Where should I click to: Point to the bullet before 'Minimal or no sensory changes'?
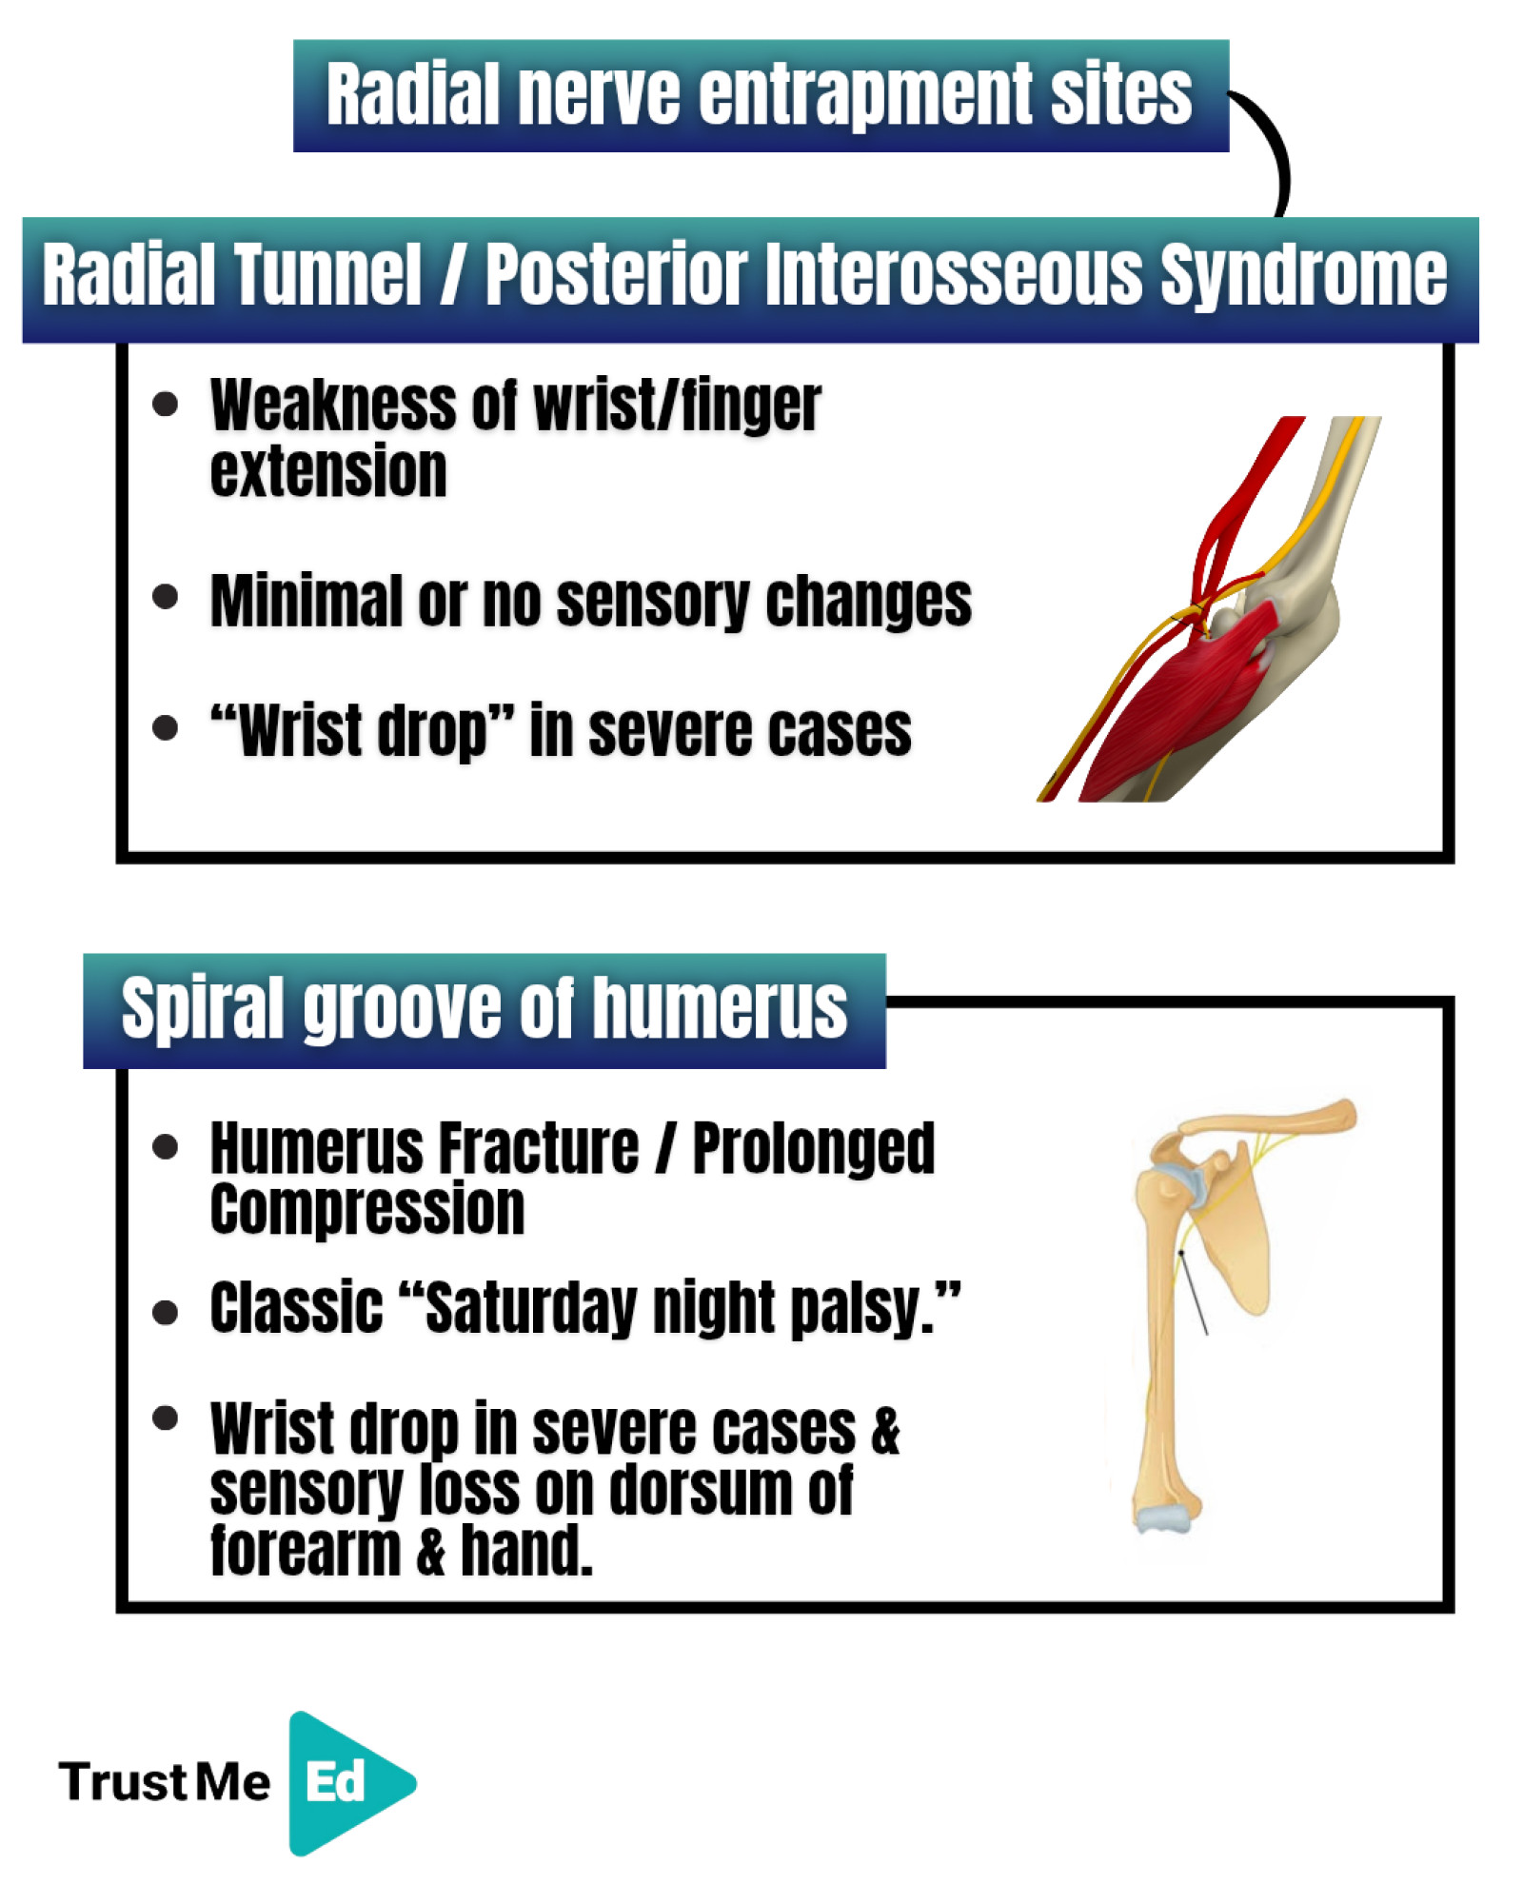165,597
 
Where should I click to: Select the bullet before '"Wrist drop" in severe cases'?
165,728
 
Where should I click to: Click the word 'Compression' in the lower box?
367,1209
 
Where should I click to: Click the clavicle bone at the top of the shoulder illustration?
1266,1121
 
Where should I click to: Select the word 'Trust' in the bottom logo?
122,1782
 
